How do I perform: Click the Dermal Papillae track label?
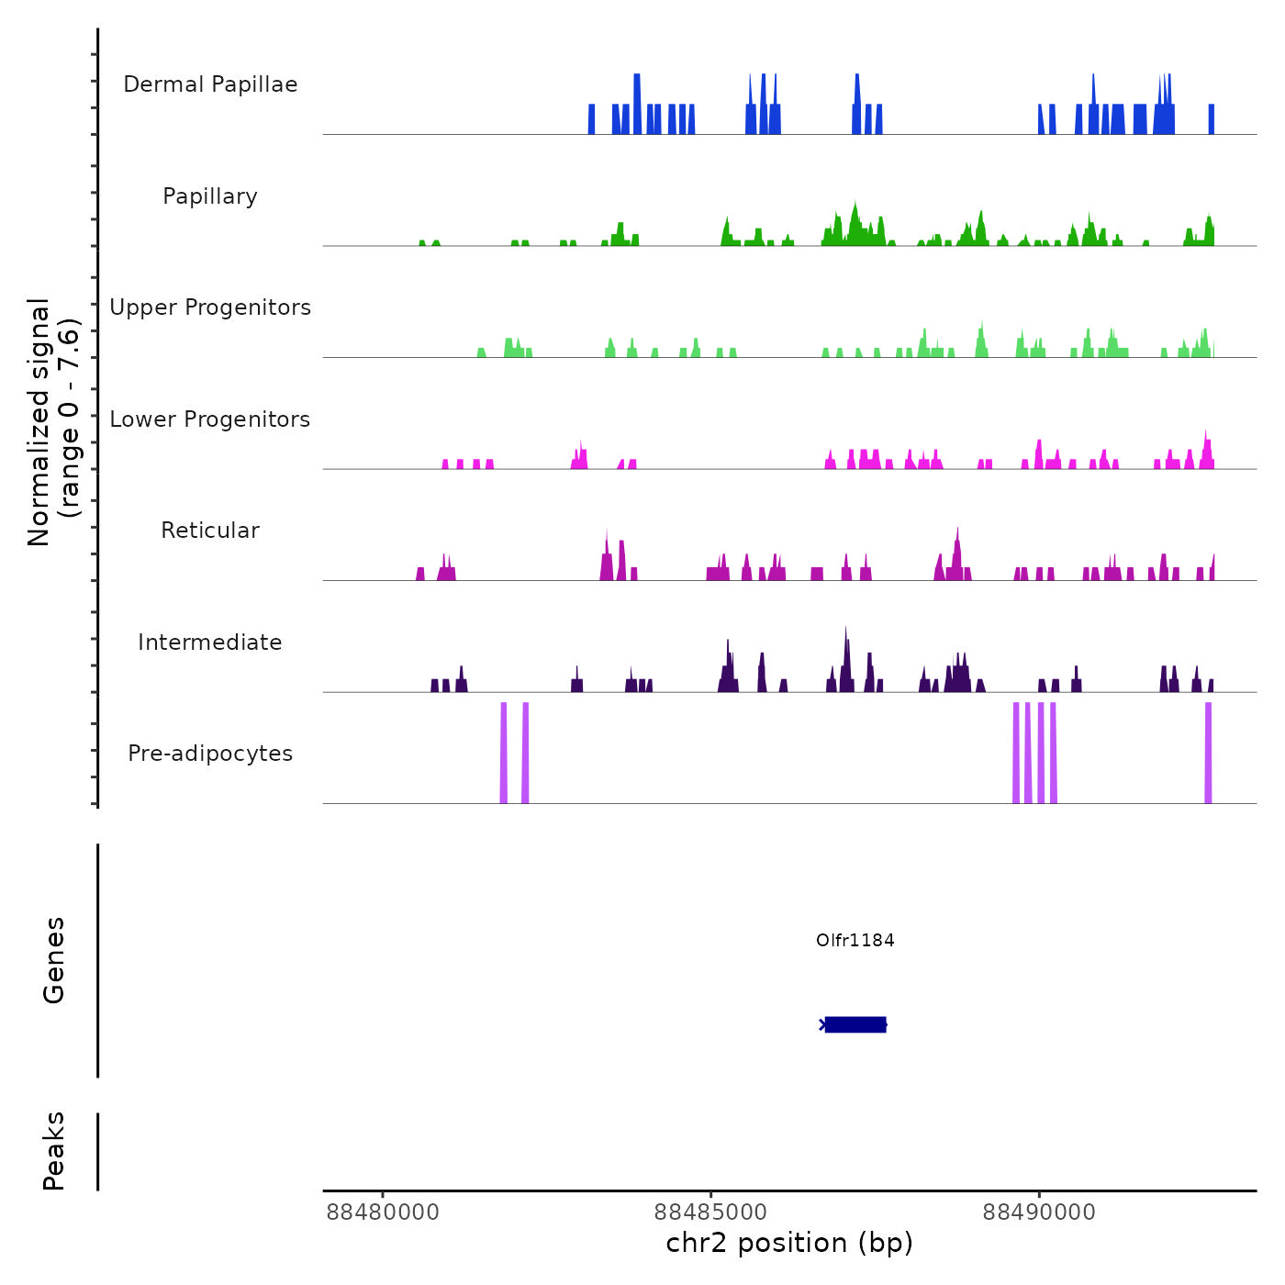click(x=210, y=84)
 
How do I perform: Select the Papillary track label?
click(x=210, y=196)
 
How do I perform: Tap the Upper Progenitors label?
click(x=210, y=307)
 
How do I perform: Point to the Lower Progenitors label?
click(x=210, y=419)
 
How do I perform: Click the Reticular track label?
click(x=210, y=531)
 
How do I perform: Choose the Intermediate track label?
click(x=210, y=642)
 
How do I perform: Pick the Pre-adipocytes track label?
click(x=210, y=754)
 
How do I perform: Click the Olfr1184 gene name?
click(x=855, y=940)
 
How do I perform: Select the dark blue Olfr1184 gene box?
click(x=855, y=1024)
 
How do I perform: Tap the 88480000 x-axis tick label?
click(x=383, y=1212)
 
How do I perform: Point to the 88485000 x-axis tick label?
click(x=710, y=1212)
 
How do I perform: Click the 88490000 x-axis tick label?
click(x=1039, y=1212)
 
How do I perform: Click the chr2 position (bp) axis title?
click(x=789, y=1243)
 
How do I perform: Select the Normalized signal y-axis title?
click(x=53, y=422)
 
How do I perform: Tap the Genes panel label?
click(x=53, y=960)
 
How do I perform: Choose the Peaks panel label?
click(x=53, y=1151)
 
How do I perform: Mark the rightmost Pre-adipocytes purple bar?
click(x=1208, y=753)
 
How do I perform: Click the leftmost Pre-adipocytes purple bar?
click(x=504, y=753)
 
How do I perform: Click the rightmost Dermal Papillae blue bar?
click(x=1212, y=119)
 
